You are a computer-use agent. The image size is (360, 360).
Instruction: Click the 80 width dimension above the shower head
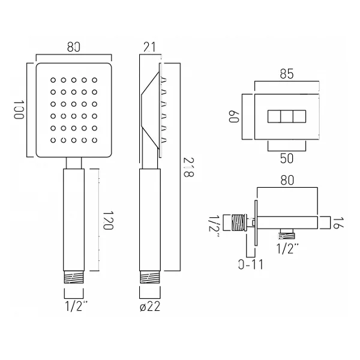(x=74, y=47)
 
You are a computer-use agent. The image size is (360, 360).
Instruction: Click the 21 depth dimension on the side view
(x=150, y=47)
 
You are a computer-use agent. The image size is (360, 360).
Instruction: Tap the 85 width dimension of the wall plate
(x=287, y=76)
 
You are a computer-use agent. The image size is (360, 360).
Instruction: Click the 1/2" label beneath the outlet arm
(x=288, y=247)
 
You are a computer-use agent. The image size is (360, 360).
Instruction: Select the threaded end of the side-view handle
(x=150, y=277)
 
